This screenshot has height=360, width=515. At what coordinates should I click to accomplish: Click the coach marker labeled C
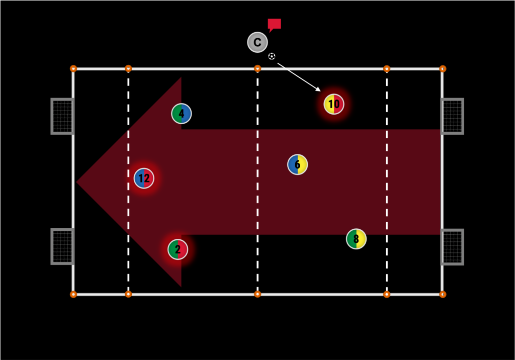pos(257,42)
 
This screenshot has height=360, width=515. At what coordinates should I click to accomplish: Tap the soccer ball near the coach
pos(272,56)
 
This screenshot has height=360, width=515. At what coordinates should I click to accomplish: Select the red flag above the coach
pos(274,24)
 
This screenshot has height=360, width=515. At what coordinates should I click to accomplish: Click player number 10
pos(334,104)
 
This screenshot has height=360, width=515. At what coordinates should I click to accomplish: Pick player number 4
pos(181,114)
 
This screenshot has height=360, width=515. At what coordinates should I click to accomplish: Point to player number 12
pos(144,178)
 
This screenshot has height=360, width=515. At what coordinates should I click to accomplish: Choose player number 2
pos(178,249)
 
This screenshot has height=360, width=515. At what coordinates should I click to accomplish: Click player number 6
pos(297,164)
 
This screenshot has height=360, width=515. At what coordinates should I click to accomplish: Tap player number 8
pos(356,239)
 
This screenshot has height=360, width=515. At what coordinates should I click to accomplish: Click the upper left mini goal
pos(62,116)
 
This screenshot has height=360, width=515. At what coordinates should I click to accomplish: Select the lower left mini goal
pos(62,246)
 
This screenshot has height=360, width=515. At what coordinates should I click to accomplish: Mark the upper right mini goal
pos(452,116)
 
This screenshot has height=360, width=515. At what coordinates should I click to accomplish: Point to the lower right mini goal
pos(452,246)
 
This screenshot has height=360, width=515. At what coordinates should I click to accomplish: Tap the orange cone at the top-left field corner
pos(73,68)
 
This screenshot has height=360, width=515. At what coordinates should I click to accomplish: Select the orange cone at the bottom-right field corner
pos(443,294)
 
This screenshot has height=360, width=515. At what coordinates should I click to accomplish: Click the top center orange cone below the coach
pos(257,68)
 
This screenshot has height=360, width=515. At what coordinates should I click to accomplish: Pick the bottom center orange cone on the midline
pos(257,294)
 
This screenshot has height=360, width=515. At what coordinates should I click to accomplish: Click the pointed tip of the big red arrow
pos(77,182)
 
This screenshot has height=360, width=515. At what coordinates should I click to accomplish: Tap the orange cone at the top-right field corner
pos(443,68)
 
